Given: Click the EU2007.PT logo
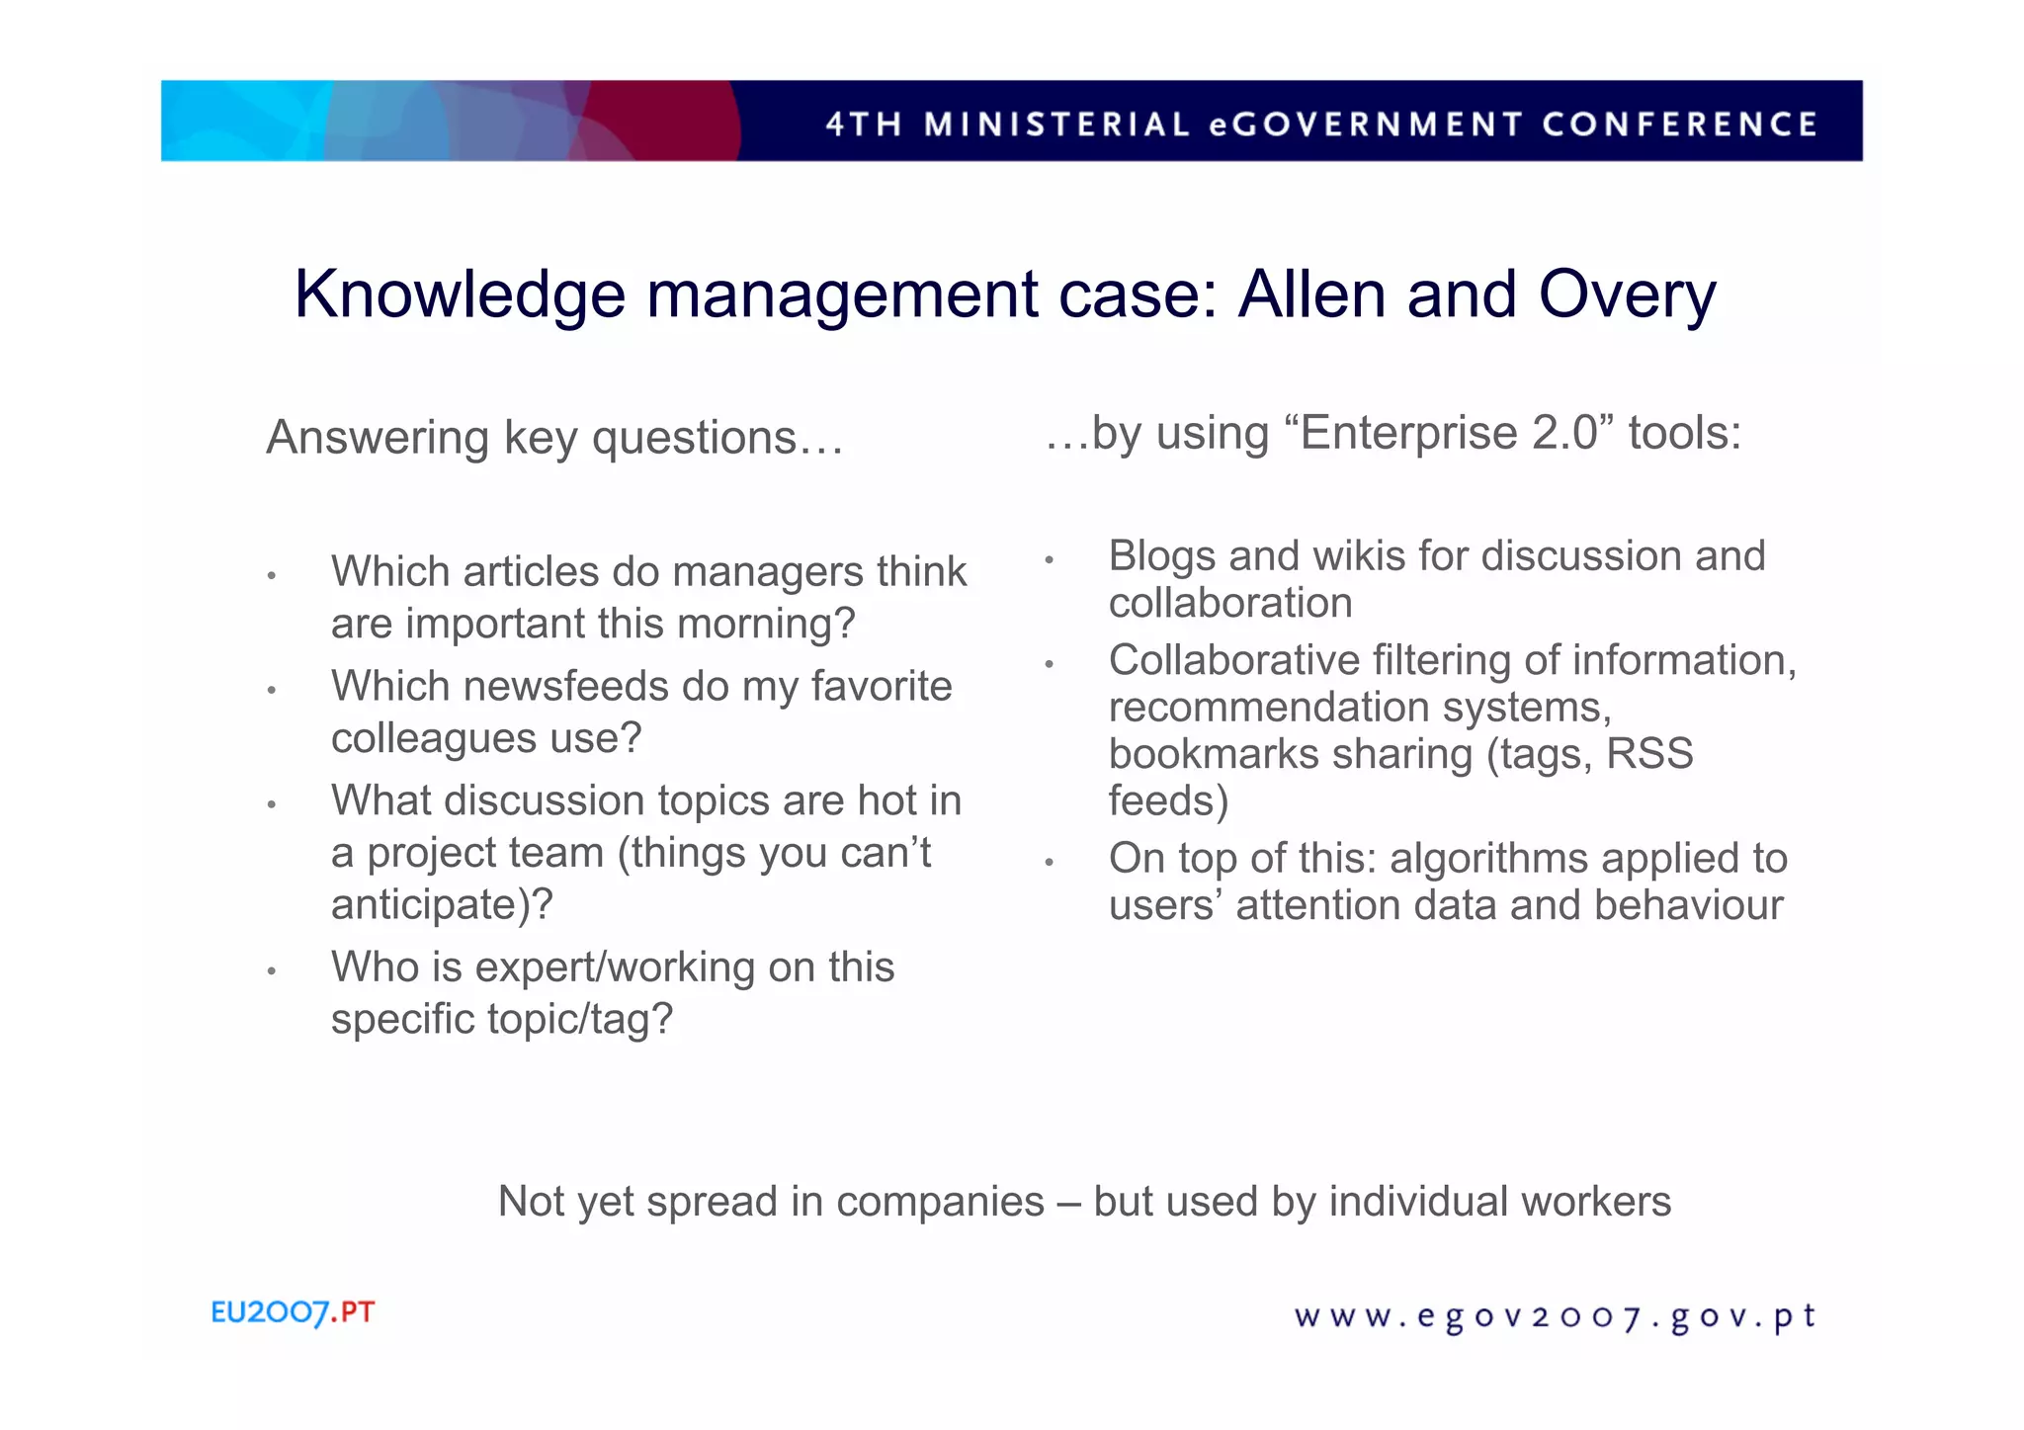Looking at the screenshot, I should pos(293,1312).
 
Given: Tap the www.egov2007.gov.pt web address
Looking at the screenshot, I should pos(1555,1317).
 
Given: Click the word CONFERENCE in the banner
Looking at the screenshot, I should pos(1679,125).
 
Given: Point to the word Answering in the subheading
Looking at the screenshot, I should pos(378,438).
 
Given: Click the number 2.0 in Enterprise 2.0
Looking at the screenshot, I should pos(1564,433).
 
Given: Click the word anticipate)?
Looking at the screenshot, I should pos(442,904).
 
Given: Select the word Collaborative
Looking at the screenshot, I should pos(1233,660).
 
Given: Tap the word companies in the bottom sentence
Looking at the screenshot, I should pos(939,1202).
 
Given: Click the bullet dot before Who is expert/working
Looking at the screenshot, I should pos(270,971).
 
